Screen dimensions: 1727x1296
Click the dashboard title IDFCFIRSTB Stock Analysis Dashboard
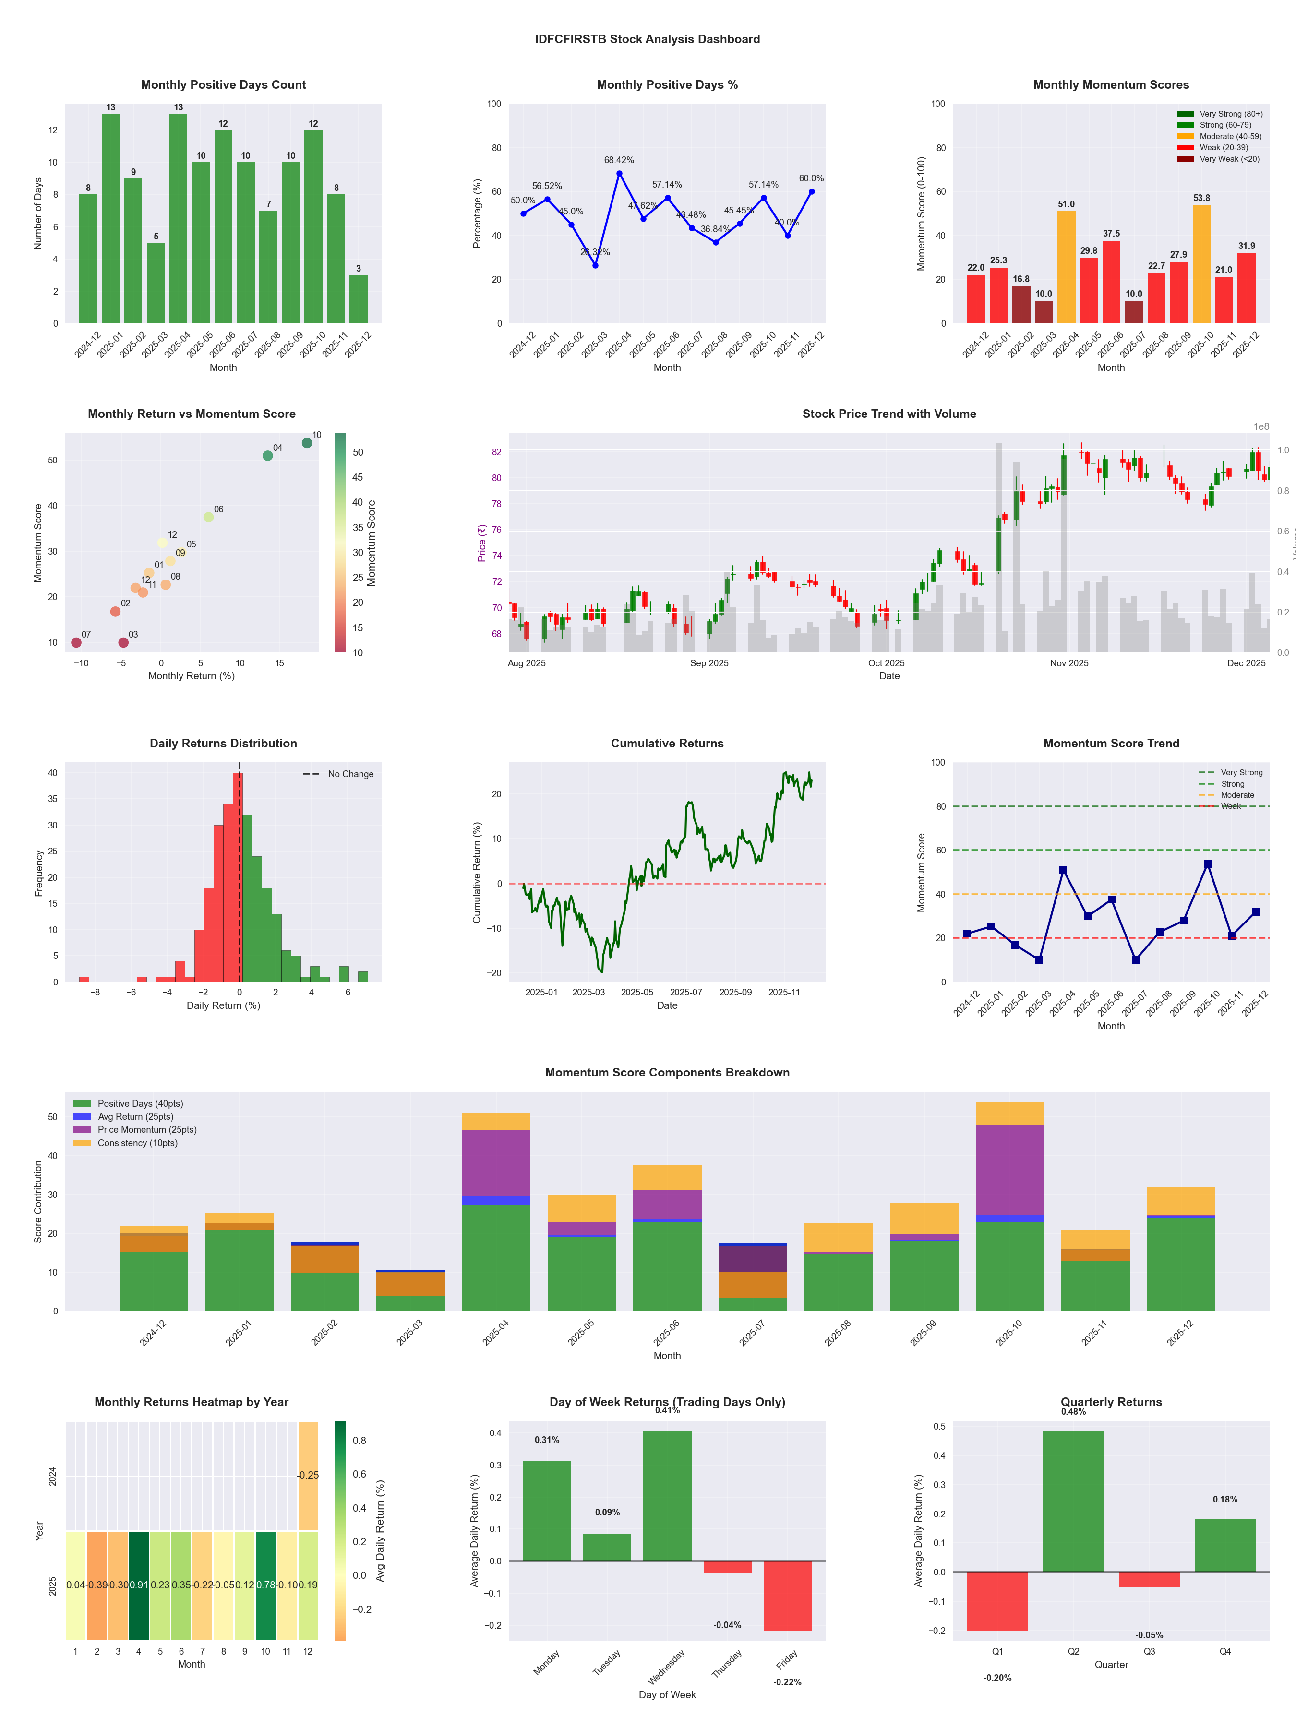(647, 39)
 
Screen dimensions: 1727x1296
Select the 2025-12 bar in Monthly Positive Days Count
(359, 299)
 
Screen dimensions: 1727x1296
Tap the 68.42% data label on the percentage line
(619, 160)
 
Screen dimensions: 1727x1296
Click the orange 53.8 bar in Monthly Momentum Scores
(1200, 264)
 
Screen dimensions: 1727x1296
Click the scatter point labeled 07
(76, 642)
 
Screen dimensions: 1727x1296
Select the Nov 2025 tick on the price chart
(1068, 663)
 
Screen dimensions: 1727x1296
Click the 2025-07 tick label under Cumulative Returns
(686, 993)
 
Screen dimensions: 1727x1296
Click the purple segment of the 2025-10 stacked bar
(1009, 1170)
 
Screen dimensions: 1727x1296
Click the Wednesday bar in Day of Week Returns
(667, 1496)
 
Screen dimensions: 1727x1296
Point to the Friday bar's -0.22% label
(787, 1682)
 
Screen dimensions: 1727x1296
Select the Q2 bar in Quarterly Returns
(1073, 1502)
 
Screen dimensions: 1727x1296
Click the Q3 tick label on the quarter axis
(1149, 1651)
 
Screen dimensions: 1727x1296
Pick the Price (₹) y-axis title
(482, 543)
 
